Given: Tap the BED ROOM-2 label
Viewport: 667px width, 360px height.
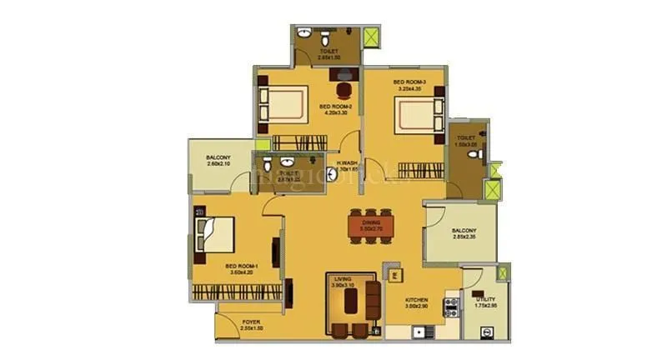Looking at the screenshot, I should pyautogui.click(x=335, y=107).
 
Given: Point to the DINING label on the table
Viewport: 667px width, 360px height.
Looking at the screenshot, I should pyautogui.click(x=370, y=222).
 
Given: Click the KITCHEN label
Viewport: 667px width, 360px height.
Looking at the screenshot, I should pyautogui.click(x=417, y=299).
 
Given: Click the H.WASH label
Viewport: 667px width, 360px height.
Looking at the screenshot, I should pyautogui.click(x=348, y=163).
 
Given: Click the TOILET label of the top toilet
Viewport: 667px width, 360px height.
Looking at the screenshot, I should pyautogui.click(x=328, y=52).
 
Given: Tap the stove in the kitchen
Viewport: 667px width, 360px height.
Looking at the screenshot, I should pyautogui.click(x=451, y=306).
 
